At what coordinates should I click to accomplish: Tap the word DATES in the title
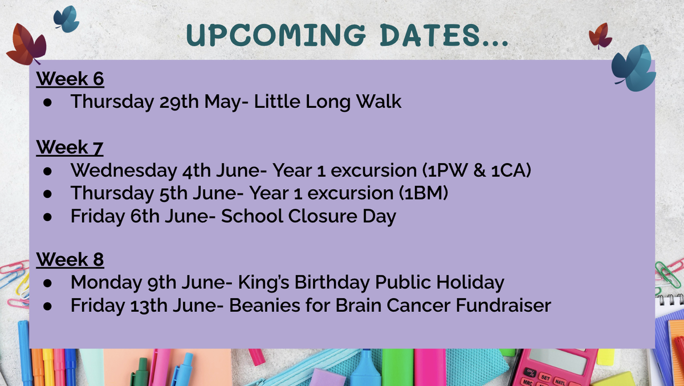[x=430, y=35]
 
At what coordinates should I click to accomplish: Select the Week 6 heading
[x=70, y=79]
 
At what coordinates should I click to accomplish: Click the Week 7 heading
[x=70, y=147]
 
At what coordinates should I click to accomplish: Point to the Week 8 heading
[x=70, y=259]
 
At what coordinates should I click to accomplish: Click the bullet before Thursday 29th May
[x=47, y=102]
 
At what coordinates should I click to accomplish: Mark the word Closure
[x=323, y=216]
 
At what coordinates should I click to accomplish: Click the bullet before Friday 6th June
[x=47, y=217]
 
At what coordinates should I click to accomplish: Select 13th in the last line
[x=149, y=306]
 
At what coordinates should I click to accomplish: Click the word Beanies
[x=264, y=306]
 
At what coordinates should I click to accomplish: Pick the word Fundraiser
[x=503, y=306]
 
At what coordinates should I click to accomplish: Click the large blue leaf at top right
[x=634, y=68]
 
